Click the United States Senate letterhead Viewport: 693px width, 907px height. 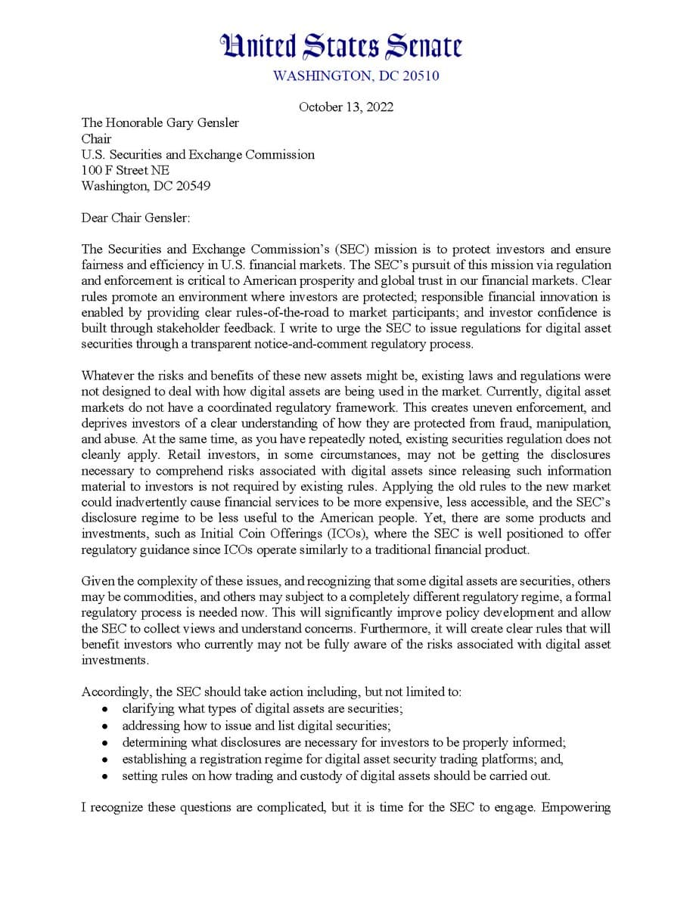click(340, 47)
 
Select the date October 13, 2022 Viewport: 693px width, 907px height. click(346, 107)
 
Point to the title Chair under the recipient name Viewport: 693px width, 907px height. click(96, 139)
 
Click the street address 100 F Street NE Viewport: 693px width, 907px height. click(126, 170)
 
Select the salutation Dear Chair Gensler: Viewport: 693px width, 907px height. click(136, 218)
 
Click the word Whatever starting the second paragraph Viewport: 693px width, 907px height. click(108, 376)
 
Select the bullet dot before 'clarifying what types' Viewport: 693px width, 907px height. click(105, 710)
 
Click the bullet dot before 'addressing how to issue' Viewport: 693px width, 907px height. click(105, 726)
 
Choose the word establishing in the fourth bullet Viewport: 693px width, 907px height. click(154, 758)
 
